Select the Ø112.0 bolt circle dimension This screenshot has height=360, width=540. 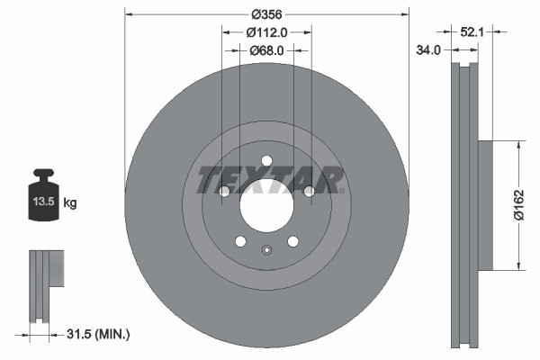point(267,32)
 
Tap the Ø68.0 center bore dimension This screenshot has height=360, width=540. point(267,50)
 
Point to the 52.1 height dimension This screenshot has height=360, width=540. point(472,31)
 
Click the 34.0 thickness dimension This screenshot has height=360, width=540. point(429,50)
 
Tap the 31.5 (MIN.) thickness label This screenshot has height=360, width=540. point(99,334)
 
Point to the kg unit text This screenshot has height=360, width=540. point(70,203)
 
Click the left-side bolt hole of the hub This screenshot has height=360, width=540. point(225,191)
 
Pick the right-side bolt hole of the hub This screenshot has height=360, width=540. point(309,191)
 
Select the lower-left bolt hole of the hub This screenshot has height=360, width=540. point(241,240)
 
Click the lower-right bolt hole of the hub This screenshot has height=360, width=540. point(292,240)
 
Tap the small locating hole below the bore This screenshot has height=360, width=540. point(267,250)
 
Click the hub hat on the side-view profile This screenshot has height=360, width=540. point(485,204)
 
